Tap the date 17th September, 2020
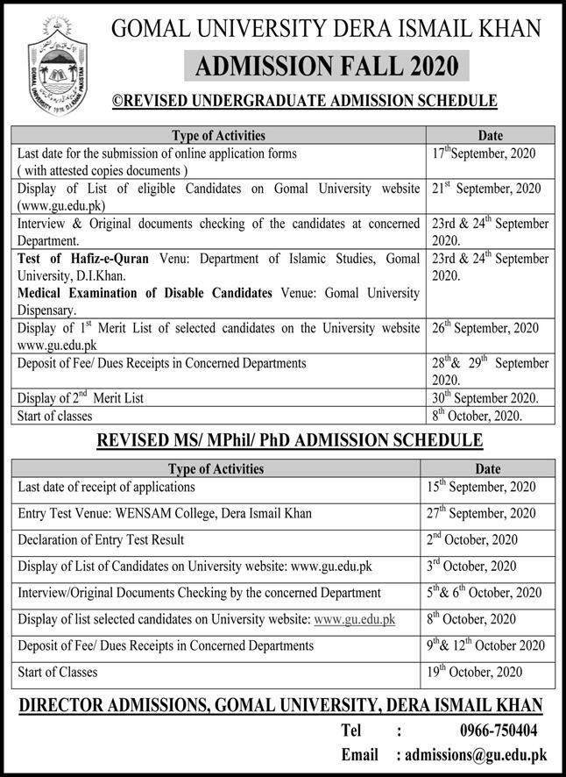(x=483, y=153)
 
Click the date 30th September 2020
(x=485, y=398)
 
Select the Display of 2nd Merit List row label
(x=81, y=398)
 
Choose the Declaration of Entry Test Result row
(x=101, y=539)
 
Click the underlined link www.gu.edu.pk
(x=354, y=619)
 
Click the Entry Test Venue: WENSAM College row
(x=164, y=513)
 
